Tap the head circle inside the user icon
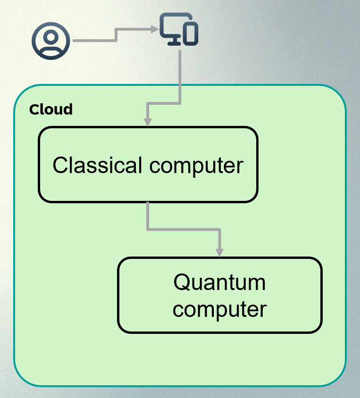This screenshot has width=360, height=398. coord(51,37)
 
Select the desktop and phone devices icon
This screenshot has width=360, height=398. coord(179,29)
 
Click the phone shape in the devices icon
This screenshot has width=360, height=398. coord(191,34)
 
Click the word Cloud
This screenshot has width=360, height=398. coord(51,109)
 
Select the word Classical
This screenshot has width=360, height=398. coord(97,165)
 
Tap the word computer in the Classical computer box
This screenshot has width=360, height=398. coord(196,166)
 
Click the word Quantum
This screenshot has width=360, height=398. coord(219,282)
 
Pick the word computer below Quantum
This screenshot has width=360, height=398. coord(219,310)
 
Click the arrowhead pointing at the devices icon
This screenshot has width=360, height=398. coord(155,29)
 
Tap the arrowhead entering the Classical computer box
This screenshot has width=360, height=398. coord(148,122)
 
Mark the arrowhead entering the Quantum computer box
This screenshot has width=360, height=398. coord(219,253)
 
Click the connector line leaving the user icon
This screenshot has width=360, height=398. coord(116,35)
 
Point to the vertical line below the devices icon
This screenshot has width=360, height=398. coord(180,76)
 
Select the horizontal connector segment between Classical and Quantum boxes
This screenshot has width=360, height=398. coord(184,230)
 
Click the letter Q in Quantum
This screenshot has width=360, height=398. coord(181,282)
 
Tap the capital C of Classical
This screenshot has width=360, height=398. coord(60,165)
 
